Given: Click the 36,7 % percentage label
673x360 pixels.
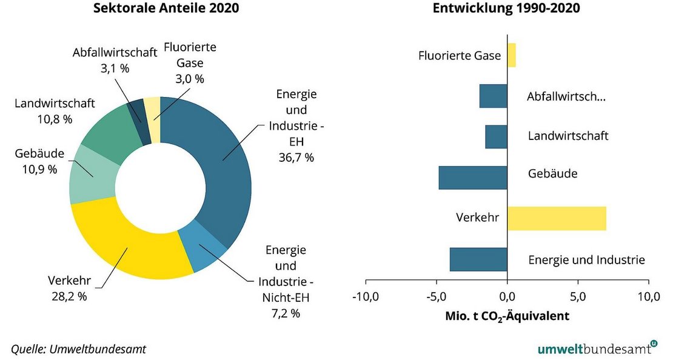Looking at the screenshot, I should click(296, 158).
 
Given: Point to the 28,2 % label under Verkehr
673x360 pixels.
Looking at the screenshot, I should click(69, 296).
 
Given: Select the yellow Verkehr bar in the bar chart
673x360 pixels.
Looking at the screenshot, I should click(557, 218).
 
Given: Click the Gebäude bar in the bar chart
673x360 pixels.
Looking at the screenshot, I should click(473, 178).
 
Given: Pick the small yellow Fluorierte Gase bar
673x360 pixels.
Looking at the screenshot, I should click(511, 55).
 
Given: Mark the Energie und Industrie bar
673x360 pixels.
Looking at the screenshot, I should click(478, 259).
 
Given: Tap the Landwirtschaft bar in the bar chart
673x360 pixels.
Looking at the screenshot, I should click(496, 136).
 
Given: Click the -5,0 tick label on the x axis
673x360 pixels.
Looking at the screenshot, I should click(436, 296).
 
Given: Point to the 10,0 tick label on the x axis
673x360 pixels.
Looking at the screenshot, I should click(648, 296).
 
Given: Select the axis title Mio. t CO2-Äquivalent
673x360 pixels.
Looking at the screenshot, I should click(507, 316).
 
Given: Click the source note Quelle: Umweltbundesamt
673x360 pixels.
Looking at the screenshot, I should click(79, 349).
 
